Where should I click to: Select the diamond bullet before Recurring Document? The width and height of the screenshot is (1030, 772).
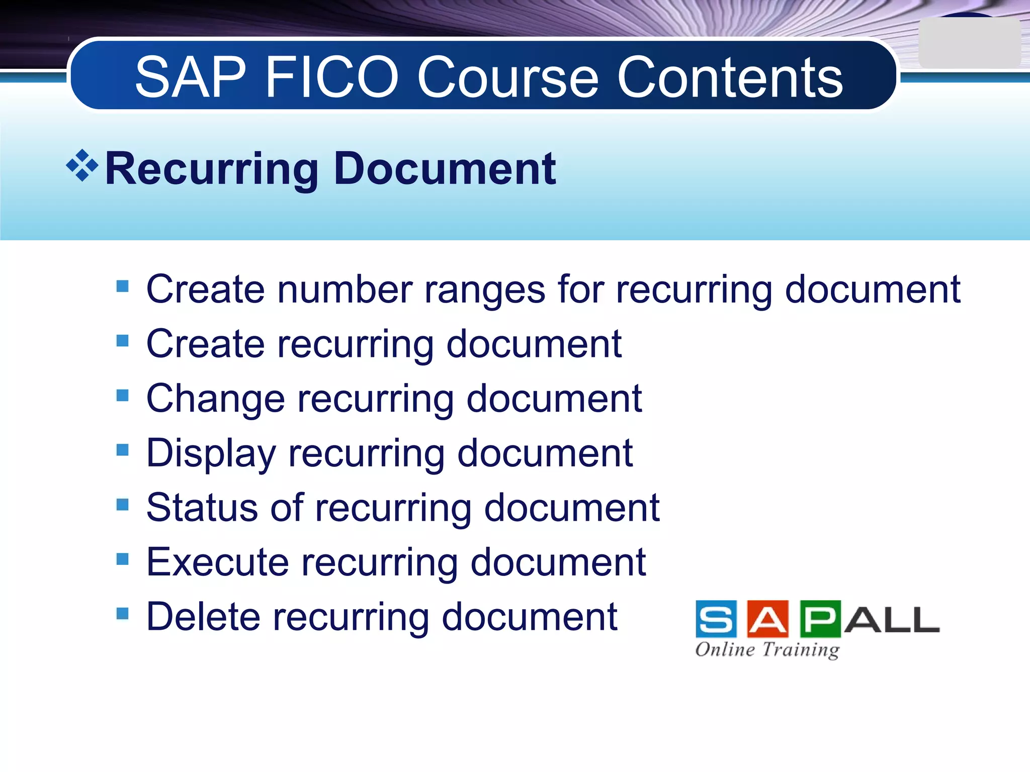click(x=82, y=165)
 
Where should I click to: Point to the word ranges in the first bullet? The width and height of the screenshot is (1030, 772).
click(x=485, y=291)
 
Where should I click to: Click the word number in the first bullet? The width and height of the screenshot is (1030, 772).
click(x=345, y=290)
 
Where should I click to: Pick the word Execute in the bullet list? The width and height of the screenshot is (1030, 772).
click(x=217, y=562)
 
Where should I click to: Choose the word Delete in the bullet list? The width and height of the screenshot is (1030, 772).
click(x=203, y=617)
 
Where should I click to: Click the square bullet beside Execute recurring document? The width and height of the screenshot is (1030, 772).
click(x=122, y=559)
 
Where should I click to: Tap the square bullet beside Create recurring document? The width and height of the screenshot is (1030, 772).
click(x=122, y=341)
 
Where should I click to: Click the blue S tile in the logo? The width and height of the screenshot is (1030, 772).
click(x=716, y=619)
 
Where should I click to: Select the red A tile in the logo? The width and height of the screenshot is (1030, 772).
click(x=768, y=619)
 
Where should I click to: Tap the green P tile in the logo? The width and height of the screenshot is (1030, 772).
click(x=820, y=619)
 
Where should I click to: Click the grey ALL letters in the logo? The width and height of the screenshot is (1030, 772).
click(x=891, y=620)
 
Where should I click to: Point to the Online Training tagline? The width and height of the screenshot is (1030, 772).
click(x=767, y=649)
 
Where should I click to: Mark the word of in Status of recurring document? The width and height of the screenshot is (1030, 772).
click(x=287, y=508)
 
